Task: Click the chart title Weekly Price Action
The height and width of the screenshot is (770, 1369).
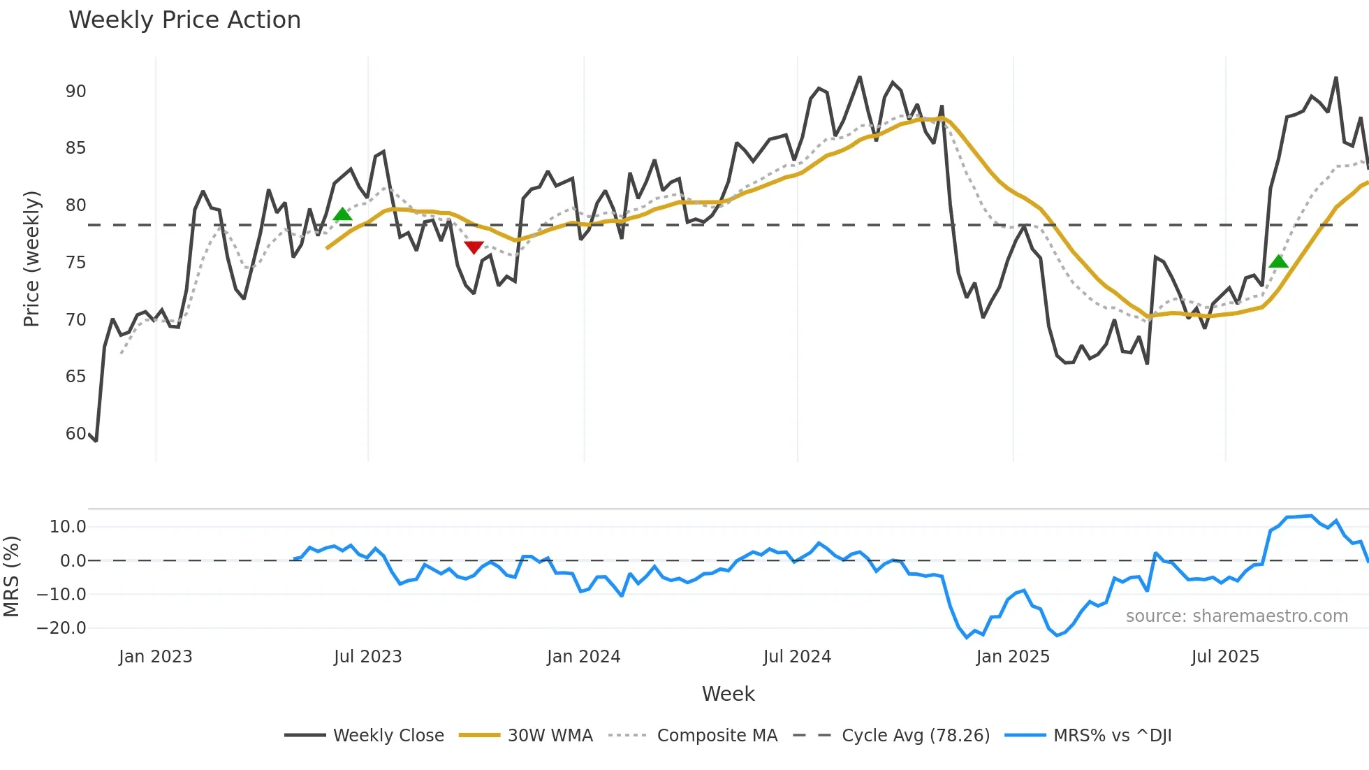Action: coord(184,20)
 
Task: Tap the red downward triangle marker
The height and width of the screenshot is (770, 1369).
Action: coord(474,247)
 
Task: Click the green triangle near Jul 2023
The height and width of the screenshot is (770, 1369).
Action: coord(342,215)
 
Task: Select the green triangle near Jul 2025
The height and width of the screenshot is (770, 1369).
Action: coord(1278,262)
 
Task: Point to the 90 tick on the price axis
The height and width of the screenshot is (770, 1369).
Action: coord(76,92)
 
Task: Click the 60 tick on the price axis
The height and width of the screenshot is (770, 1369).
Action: coord(76,434)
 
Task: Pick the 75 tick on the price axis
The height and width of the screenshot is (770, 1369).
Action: coord(76,263)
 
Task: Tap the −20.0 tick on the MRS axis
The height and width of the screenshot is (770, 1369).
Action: coord(61,628)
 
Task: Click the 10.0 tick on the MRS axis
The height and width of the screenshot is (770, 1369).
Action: coord(68,527)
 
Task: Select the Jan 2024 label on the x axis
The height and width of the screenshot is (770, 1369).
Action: coord(583,657)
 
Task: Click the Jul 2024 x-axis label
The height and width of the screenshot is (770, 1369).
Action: coord(797,657)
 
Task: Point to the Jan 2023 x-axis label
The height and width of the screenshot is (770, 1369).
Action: coord(155,657)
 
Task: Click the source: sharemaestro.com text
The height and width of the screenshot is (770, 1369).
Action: coord(1236,616)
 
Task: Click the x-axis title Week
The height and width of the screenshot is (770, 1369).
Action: coord(728,694)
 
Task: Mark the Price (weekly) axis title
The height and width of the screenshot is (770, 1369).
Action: coord(31,259)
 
